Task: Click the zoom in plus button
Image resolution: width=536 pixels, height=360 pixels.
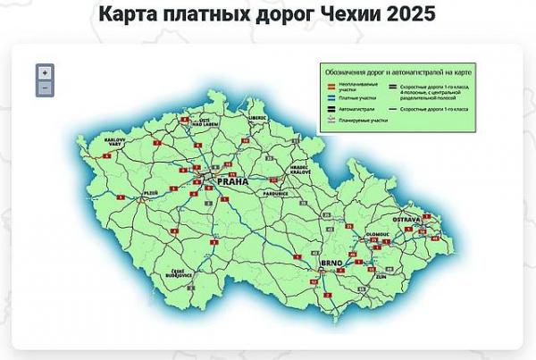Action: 45,72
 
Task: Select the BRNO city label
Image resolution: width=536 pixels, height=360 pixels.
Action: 331,264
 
